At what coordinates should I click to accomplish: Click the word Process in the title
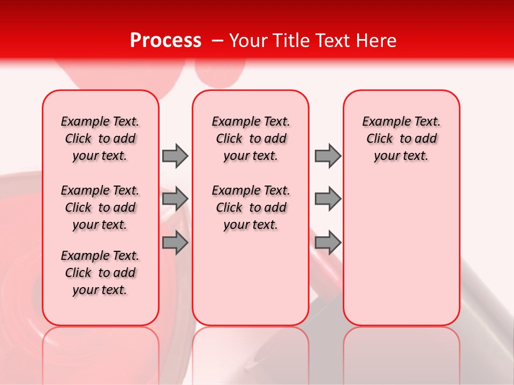165,41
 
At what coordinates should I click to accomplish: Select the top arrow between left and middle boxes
175,156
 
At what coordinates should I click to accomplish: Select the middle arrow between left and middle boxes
175,199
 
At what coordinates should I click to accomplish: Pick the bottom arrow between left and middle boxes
175,242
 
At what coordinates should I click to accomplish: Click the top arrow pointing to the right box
328,156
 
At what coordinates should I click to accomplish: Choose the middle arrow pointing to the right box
328,199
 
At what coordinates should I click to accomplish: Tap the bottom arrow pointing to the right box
328,242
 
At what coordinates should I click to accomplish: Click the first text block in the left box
100,138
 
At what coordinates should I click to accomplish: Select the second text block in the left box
100,207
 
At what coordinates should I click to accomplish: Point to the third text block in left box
100,273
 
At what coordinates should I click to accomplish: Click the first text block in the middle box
251,138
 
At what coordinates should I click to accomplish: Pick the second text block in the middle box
251,207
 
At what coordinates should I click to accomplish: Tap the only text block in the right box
402,138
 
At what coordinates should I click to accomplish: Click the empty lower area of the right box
402,257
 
